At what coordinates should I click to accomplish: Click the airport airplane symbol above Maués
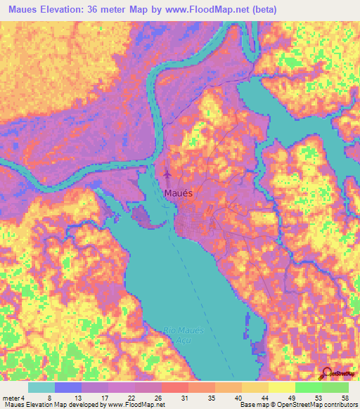point(167,173)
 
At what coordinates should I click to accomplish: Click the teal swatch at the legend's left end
point(41,387)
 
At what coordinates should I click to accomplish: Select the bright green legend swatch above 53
point(308,387)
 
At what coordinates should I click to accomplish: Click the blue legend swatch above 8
point(67,387)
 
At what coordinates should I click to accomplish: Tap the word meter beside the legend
point(11,398)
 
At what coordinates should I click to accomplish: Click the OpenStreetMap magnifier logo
point(327,372)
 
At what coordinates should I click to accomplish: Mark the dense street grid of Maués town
point(193,227)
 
